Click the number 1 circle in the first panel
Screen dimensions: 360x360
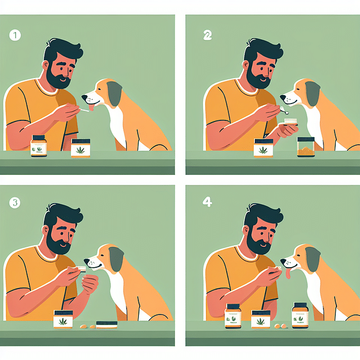(15, 35)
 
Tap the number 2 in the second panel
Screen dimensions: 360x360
(208, 35)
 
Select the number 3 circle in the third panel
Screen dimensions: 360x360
(15, 202)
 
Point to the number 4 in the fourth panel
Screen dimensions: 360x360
(208, 202)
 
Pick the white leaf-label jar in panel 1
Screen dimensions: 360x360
(80, 148)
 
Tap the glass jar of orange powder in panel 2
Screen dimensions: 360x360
(306, 147)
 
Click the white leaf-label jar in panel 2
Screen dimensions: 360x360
(263, 148)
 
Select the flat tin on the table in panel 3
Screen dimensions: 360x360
(106, 324)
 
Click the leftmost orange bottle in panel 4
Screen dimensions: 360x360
(233, 316)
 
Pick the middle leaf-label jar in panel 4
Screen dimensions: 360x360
(261, 319)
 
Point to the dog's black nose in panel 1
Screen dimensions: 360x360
(83, 96)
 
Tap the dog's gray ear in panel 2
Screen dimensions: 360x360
(313, 93)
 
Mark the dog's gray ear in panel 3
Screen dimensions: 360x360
(115, 259)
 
